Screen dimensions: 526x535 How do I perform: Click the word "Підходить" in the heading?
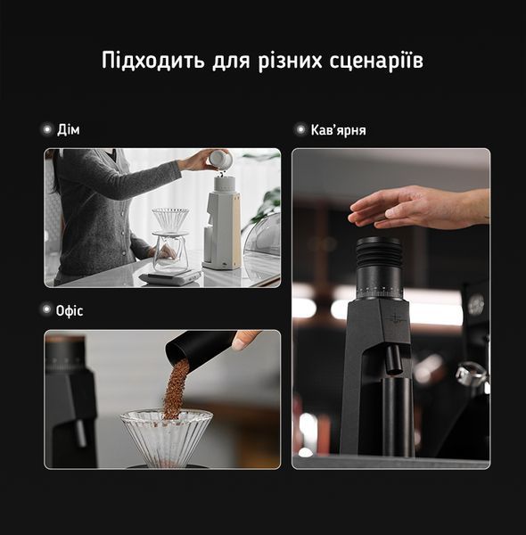click(x=153, y=61)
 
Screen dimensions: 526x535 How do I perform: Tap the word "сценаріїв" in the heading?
click(x=376, y=61)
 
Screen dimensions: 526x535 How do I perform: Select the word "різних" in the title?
click(x=290, y=62)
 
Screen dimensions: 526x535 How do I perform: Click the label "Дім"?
click(x=69, y=129)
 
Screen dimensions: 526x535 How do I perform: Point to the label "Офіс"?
click(x=70, y=311)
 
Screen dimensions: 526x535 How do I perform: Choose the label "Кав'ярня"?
click(x=338, y=130)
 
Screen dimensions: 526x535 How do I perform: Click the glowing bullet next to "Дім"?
click(x=46, y=129)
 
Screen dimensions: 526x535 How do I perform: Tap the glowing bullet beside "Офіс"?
click(x=46, y=309)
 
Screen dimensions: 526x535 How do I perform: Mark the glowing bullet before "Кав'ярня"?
click(x=300, y=129)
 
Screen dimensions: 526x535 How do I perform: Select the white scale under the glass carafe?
click(x=169, y=276)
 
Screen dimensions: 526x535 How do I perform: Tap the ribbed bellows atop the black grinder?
click(x=378, y=252)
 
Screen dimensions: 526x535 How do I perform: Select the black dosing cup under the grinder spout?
click(x=397, y=417)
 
